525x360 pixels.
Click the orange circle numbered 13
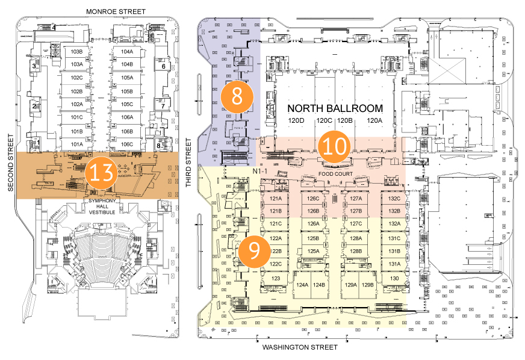pyautogui.click(x=100, y=173)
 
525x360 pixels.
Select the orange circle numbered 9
pyautogui.click(x=254, y=251)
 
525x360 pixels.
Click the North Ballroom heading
pyautogui.click(x=335, y=109)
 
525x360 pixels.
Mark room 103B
pyautogui.click(x=76, y=52)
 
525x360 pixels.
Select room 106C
pyautogui.click(x=126, y=144)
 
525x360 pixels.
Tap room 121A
pyautogui.click(x=276, y=199)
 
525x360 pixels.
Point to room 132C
pyautogui.click(x=394, y=199)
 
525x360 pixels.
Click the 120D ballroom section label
pyautogui.click(x=296, y=121)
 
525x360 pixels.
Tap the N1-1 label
pyautogui.click(x=260, y=172)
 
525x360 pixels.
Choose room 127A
pyautogui.click(x=356, y=199)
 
